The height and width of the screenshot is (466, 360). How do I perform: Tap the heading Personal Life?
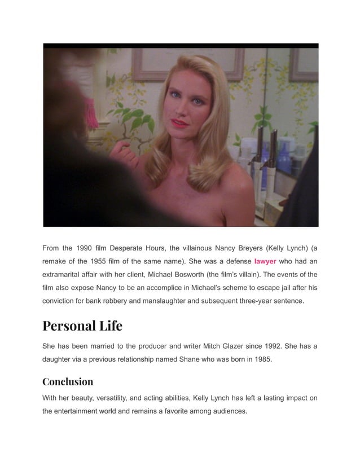click(82, 326)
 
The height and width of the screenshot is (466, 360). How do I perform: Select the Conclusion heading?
click(68, 381)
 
